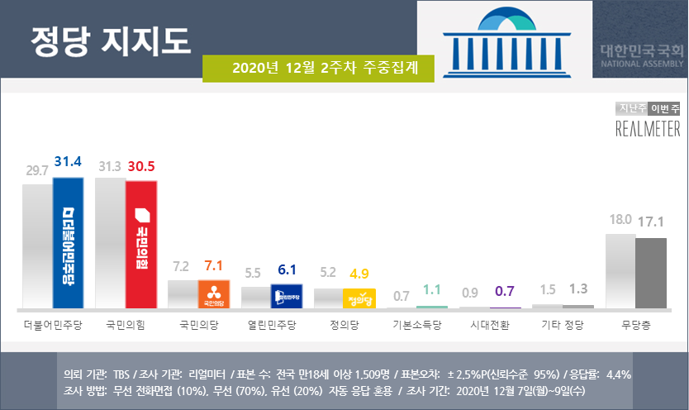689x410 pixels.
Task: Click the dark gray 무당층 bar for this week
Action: (650, 273)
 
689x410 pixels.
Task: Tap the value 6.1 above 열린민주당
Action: (287, 269)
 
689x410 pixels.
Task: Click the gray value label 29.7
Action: (37, 170)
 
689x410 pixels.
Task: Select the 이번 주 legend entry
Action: (664, 108)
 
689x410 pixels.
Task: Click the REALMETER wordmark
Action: (649, 128)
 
